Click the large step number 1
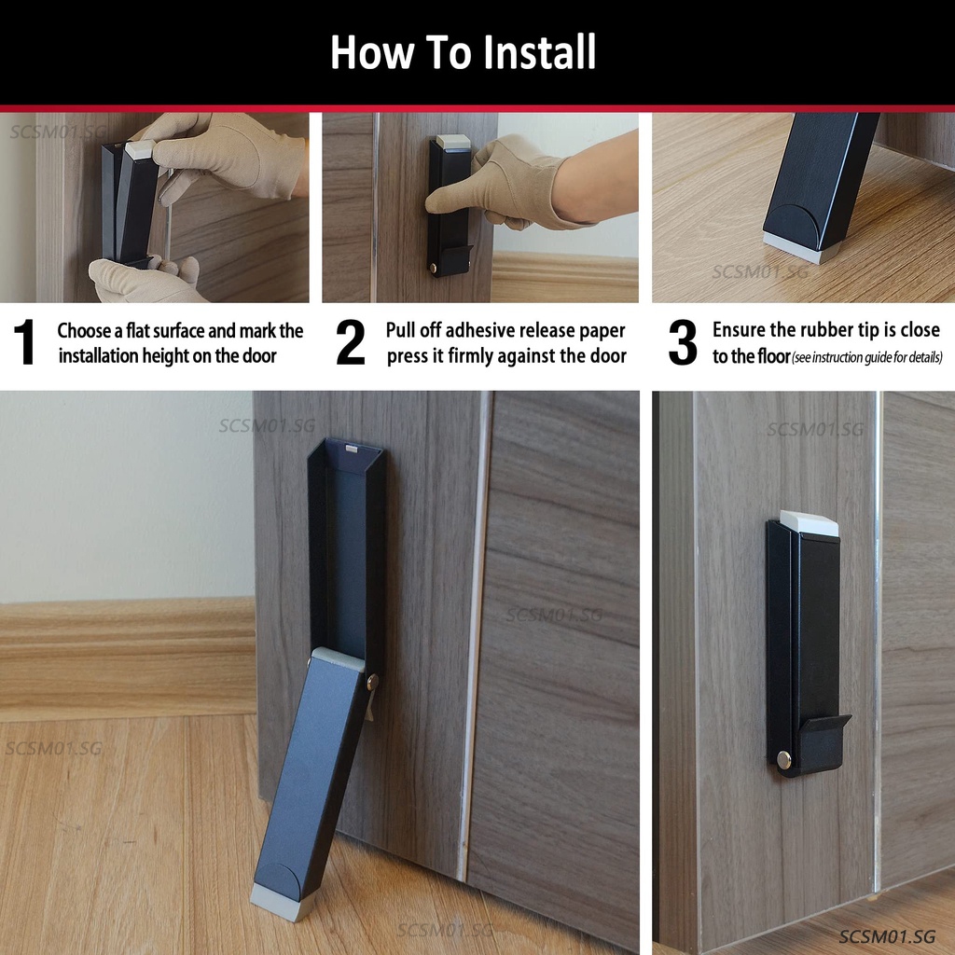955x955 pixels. (24, 341)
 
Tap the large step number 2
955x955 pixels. (351, 341)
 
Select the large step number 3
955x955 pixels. (683, 341)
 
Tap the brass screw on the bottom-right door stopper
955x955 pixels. (783, 759)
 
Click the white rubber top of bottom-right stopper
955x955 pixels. (809, 523)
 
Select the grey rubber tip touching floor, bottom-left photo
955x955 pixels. (284, 902)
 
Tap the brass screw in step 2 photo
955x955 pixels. (434, 268)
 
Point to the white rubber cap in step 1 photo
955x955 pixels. (141, 149)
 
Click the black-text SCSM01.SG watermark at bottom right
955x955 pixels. (886, 936)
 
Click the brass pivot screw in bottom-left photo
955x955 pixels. (372, 682)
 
